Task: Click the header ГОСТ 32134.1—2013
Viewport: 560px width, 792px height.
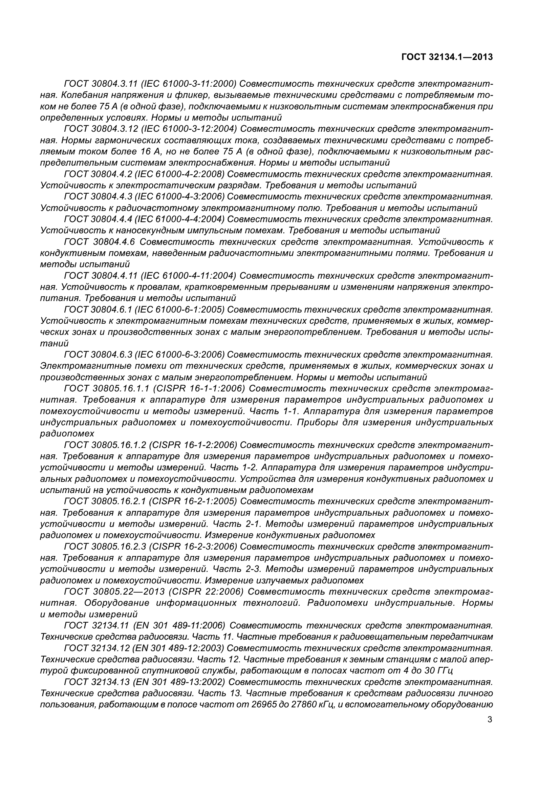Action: [x=447, y=57]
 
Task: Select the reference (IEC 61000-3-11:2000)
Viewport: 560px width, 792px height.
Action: [x=189, y=84]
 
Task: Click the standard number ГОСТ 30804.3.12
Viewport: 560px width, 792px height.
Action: [x=101, y=129]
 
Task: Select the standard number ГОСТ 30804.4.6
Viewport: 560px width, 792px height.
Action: [x=100, y=242]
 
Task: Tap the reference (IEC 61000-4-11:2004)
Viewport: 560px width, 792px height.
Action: [x=189, y=276]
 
